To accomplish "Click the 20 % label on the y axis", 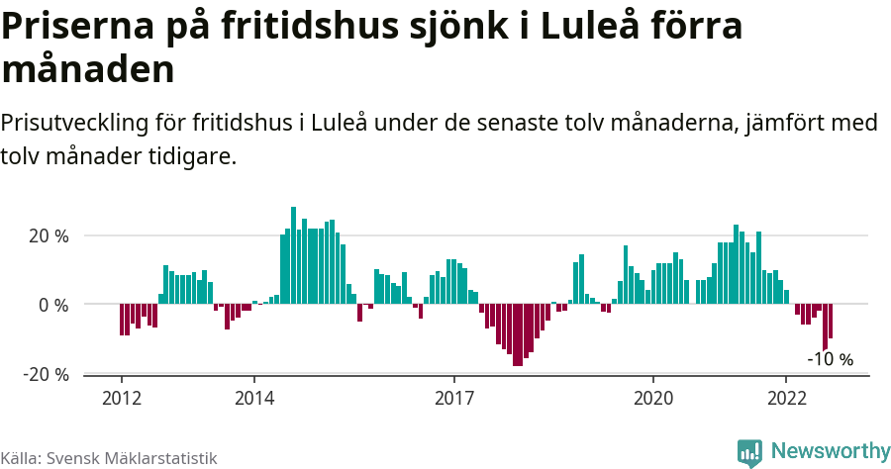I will [49, 236].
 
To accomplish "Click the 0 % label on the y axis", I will [53, 305].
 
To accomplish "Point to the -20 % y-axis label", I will [46, 374].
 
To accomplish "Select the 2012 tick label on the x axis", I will [121, 397].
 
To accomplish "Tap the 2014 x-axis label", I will [254, 397].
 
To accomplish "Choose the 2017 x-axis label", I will [453, 397].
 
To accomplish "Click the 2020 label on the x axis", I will [653, 397].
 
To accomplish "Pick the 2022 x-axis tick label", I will [786, 397].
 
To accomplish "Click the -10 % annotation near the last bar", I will [830, 359].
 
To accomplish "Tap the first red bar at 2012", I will [122, 320].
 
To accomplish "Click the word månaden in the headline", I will [88, 69].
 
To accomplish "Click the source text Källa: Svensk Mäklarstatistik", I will [109, 458].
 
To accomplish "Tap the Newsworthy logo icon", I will [749, 452].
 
